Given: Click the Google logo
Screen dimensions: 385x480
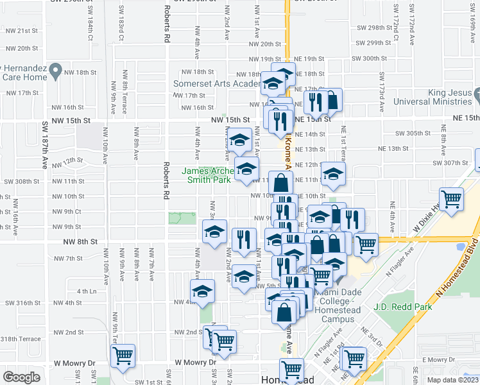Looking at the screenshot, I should coord(21,377).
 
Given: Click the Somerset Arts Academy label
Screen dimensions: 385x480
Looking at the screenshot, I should coord(218,84).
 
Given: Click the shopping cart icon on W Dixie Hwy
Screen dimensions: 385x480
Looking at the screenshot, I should coord(452,198).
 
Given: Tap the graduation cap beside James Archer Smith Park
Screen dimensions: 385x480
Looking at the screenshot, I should coord(245,169).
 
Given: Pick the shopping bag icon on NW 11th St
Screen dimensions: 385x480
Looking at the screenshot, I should coord(280,182).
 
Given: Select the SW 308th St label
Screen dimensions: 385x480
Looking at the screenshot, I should coord(22,181).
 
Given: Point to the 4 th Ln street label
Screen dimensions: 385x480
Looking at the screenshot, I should coord(87,291).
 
